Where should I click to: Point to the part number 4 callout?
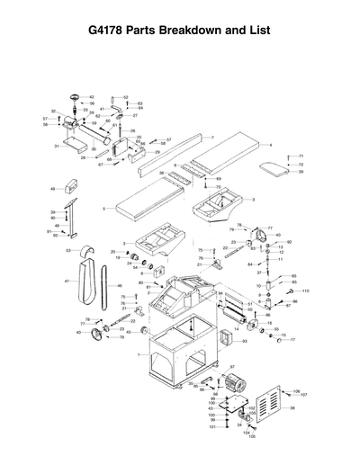271,144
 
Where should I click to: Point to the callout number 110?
305,291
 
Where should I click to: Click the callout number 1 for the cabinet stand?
138,355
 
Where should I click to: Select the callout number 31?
56,145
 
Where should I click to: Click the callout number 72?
301,164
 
